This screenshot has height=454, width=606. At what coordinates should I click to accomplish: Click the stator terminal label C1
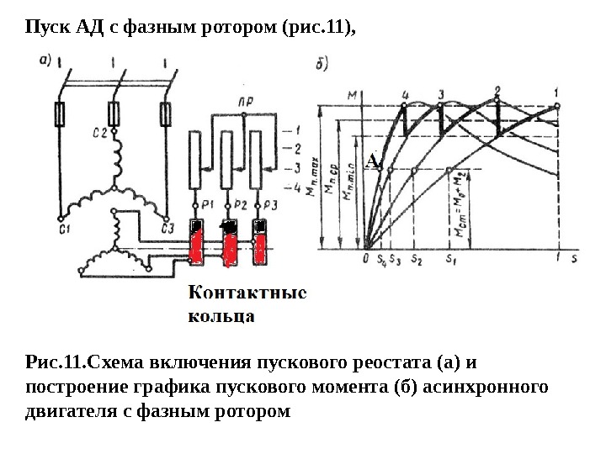click(x=62, y=228)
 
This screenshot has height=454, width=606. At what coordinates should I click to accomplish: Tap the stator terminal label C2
click(x=99, y=132)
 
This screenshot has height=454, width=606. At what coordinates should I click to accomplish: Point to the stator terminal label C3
click(x=167, y=228)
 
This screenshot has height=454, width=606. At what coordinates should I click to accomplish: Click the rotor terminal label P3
click(x=269, y=204)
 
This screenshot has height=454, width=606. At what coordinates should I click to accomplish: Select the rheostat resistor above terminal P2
click(x=226, y=160)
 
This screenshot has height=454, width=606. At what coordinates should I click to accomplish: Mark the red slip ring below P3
click(x=260, y=245)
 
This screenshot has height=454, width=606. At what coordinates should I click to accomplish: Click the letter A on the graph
click(x=371, y=160)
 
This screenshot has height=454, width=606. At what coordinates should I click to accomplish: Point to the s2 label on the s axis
click(x=415, y=259)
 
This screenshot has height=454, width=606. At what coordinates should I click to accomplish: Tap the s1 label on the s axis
click(x=451, y=259)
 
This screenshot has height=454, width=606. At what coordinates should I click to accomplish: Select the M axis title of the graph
click(x=352, y=93)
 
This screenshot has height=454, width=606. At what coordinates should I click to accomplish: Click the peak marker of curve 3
click(x=442, y=103)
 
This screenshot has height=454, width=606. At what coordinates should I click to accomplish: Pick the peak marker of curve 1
click(x=556, y=105)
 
